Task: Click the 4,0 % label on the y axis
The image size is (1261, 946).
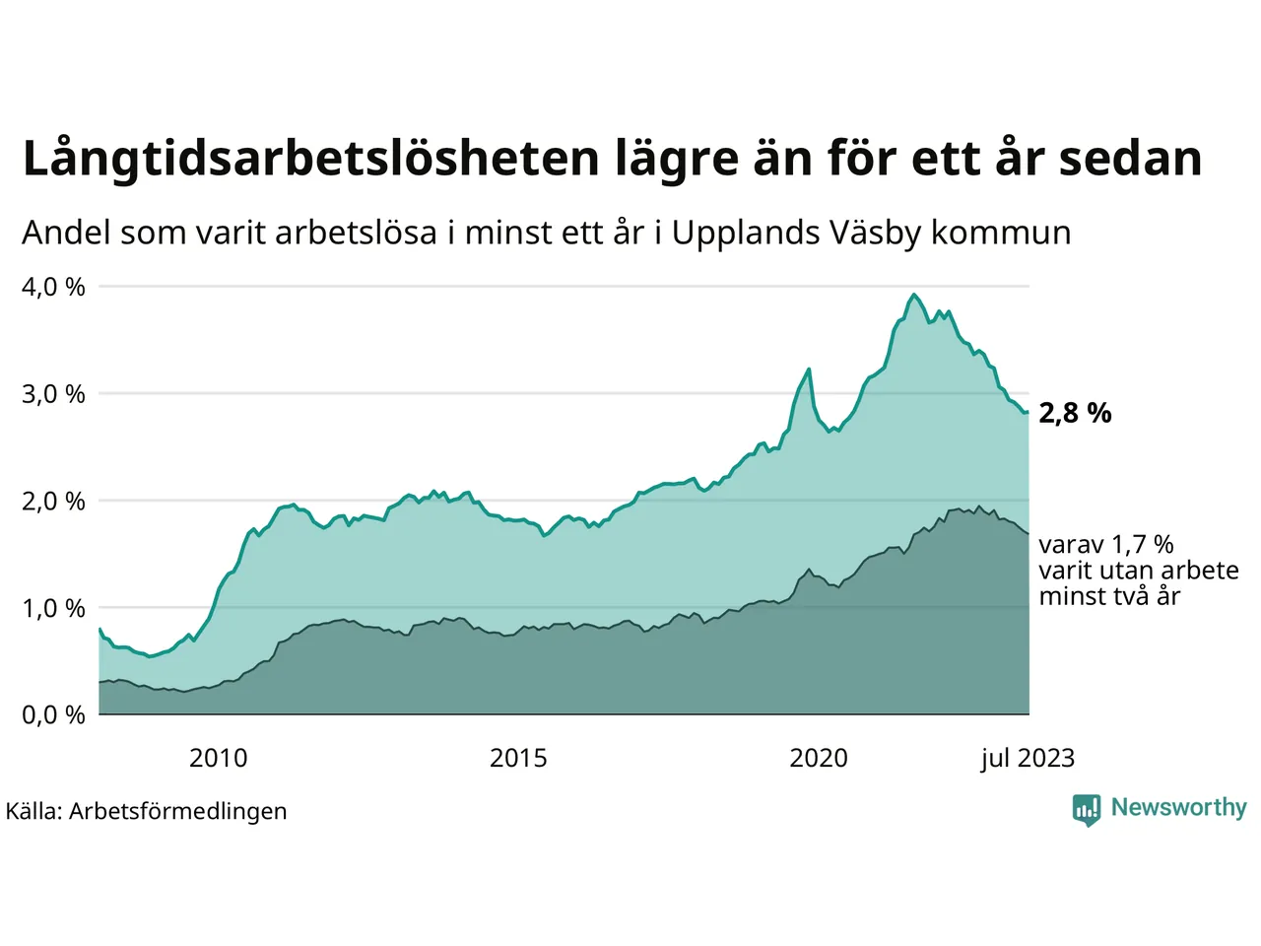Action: pyautogui.click(x=53, y=287)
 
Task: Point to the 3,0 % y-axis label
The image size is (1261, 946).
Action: pyautogui.click(x=53, y=394)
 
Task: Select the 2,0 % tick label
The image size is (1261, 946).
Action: pyautogui.click(x=53, y=502)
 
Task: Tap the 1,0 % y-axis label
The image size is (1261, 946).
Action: pyautogui.click(x=53, y=608)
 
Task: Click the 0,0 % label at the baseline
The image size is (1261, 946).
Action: pyautogui.click(x=53, y=715)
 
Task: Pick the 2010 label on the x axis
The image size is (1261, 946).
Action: pyautogui.click(x=218, y=758)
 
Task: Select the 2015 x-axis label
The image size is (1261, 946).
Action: pyautogui.click(x=518, y=758)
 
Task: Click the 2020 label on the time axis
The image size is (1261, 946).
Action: pyautogui.click(x=819, y=758)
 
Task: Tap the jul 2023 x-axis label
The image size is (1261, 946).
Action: pyautogui.click(x=1028, y=758)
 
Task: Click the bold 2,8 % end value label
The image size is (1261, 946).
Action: pyautogui.click(x=1075, y=413)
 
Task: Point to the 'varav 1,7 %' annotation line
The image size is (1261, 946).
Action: pyautogui.click(x=1106, y=545)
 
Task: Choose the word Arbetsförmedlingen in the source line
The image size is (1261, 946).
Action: pyautogui.click(x=177, y=811)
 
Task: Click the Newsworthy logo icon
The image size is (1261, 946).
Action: pyautogui.click(x=1087, y=810)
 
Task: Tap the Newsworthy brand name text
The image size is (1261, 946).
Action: pyautogui.click(x=1178, y=808)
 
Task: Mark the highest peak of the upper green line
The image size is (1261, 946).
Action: pyautogui.click(x=914, y=295)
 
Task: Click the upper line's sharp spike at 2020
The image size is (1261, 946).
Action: pyautogui.click(x=809, y=370)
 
